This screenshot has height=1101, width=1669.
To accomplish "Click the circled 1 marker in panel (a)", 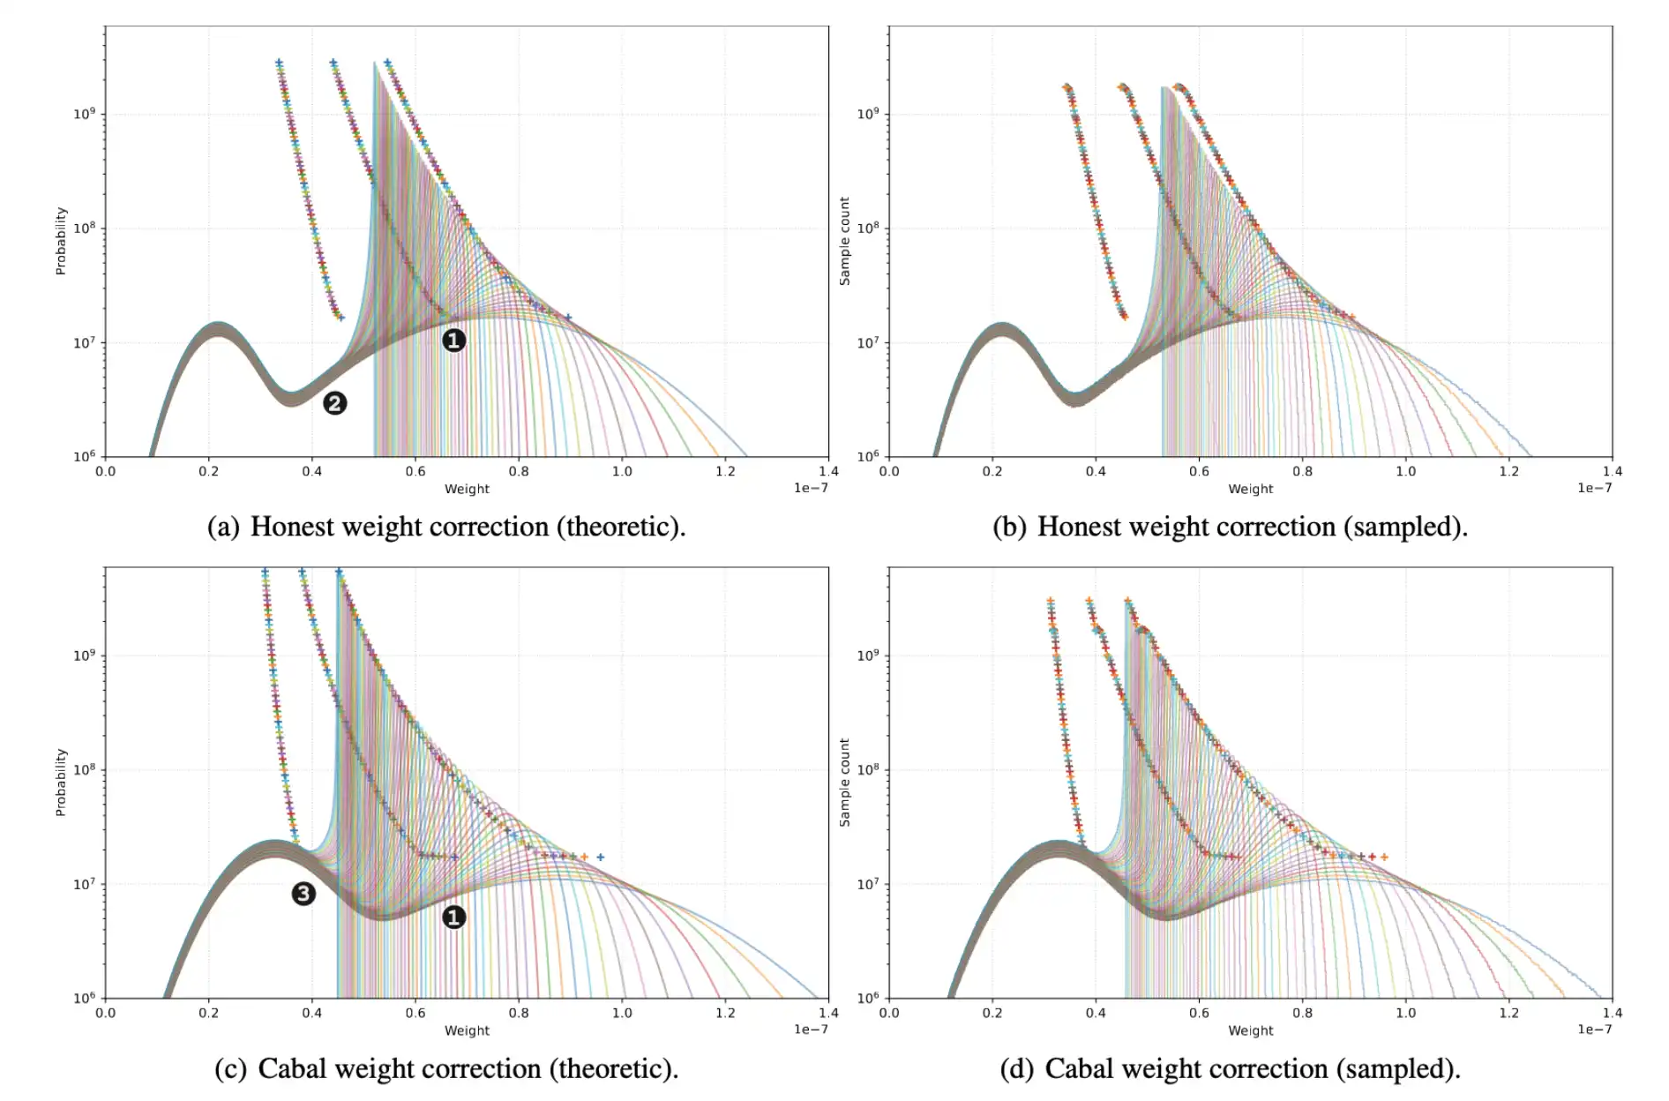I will (453, 341).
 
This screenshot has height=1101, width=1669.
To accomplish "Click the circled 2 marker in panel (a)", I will (334, 403).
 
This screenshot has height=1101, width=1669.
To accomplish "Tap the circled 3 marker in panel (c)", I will (303, 894).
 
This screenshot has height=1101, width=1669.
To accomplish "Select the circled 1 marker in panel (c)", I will (453, 917).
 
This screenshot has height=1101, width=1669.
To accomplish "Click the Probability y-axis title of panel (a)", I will (61, 241).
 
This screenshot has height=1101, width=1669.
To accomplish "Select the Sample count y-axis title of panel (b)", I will (844, 241).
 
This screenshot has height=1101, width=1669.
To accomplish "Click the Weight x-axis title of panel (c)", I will (467, 1030).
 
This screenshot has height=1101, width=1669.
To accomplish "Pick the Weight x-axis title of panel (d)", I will (1250, 1030).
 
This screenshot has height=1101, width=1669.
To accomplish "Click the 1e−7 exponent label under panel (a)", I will (811, 488).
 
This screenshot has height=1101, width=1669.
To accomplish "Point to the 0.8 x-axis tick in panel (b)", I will (1302, 471).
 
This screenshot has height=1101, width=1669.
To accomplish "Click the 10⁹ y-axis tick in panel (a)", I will (84, 114).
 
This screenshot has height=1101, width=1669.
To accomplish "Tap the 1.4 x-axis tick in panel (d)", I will (1612, 1013).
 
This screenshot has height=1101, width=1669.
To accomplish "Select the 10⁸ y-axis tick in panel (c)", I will (84, 769).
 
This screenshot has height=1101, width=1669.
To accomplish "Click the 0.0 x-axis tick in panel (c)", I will (105, 1013).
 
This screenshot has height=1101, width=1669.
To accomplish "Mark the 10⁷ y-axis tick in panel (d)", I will (867, 884).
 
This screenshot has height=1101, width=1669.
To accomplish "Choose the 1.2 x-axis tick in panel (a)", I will (725, 471).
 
